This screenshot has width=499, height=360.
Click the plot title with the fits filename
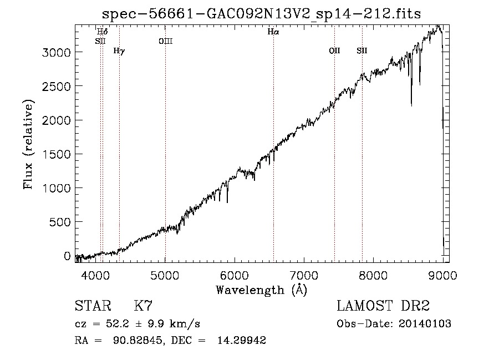[261, 14]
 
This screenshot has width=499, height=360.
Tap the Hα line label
[273, 32]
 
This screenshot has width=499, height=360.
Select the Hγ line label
[119, 51]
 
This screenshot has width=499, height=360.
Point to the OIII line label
[165, 41]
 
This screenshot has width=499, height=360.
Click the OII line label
[334, 50]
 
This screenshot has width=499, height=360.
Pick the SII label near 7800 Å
[362, 50]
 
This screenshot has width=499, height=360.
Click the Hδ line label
[102, 32]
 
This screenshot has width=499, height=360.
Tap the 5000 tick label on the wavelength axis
[165, 275]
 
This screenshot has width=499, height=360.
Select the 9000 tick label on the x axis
[442, 275]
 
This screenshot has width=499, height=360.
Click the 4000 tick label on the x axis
[95, 275]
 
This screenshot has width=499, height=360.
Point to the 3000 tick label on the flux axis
[57, 52]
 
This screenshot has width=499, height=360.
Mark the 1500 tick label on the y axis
[57, 154]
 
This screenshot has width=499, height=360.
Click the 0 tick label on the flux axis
[67, 256]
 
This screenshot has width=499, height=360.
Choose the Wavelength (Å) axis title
[262, 290]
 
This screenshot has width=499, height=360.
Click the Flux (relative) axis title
[28, 144]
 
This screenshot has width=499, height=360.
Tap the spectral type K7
[143, 306]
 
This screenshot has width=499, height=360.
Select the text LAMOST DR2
[383, 306]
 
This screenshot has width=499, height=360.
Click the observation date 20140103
[425, 324]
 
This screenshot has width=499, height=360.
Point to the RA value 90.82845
[139, 340]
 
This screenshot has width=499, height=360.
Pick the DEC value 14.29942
[242, 340]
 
